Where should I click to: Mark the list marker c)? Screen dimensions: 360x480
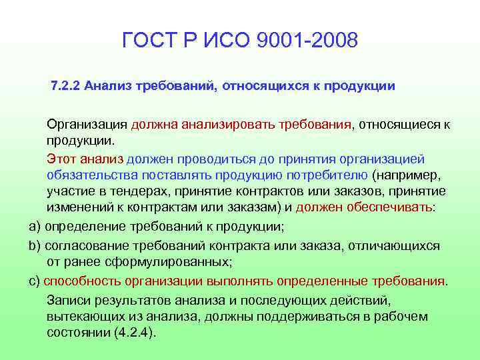coord(35,280)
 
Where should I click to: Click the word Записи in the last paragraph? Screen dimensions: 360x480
coord(67,299)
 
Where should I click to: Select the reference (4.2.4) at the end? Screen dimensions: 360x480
coord(133,333)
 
